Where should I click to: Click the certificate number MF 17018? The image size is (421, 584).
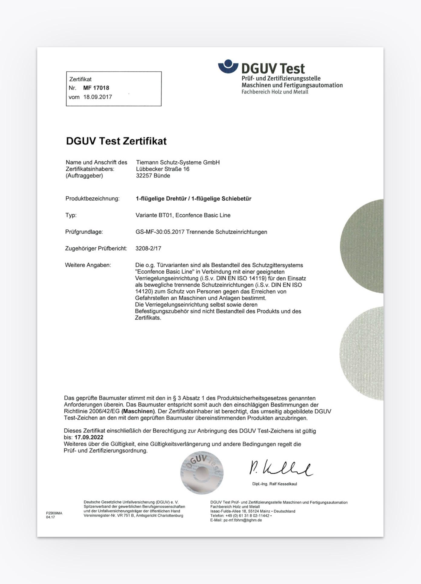(x=96, y=88)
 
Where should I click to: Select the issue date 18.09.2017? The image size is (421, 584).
(x=98, y=97)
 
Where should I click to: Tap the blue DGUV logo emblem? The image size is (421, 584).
(x=228, y=67)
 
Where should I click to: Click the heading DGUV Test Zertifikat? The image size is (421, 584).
(x=116, y=141)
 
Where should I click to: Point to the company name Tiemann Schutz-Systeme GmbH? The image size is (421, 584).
(x=178, y=162)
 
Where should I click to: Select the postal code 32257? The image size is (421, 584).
(x=144, y=176)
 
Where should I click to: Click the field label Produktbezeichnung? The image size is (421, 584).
(x=92, y=199)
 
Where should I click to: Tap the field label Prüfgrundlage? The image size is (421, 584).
(x=84, y=232)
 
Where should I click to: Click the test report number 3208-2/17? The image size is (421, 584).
(x=148, y=248)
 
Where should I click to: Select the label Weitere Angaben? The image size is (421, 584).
(x=88, y=265)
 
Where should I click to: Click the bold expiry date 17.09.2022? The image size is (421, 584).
(x=89, y=437)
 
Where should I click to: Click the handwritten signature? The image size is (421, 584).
(x=280, y=469)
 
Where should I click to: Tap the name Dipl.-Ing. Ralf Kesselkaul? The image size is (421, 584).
(x=275, y=484)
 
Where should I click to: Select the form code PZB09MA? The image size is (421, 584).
(x=54, y=513)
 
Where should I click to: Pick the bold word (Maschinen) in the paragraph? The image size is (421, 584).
(x=138, y=411)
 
